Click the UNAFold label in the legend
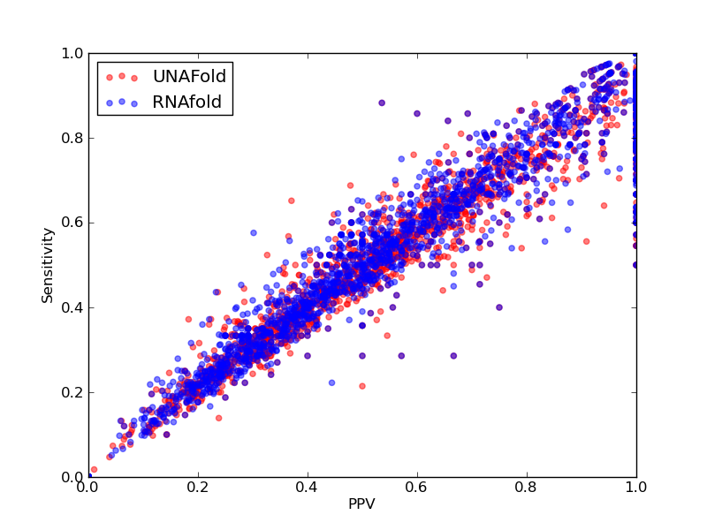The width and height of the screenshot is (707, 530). [x=189, y=76]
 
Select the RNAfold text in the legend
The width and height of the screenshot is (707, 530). [x=187, y=102]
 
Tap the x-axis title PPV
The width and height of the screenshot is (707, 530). [x=361, y=503]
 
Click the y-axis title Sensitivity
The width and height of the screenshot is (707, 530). [x=48, y=266]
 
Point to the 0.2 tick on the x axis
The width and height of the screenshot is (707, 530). [x=198, y=487]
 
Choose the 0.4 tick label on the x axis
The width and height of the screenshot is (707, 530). [x=308, y=487]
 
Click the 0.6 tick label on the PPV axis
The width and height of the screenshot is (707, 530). [x=417, y=487]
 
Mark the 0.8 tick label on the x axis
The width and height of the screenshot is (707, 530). [x=527, y=487]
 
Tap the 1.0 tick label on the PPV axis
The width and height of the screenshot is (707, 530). [x=636, y=487]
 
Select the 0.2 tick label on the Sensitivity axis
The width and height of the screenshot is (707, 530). [x=72, y=392]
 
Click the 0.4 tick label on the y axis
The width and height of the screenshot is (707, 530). [x=72, y=307]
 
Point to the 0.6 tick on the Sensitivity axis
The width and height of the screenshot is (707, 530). [x=72, y=223]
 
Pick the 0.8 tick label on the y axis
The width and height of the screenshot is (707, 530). [x=72, y=138]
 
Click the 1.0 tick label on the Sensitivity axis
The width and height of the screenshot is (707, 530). [x=72, y=53]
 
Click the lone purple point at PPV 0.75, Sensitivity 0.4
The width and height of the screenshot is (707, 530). [x=499, y=307]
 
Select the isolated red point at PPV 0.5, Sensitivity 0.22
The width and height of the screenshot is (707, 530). [x=362, y=386]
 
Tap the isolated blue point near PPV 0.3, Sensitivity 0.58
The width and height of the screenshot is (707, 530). [x=254, y=233]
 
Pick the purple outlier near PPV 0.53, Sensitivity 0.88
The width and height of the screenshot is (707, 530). [x=382, y=102]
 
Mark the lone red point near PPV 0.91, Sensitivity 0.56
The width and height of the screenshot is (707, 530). [x=587, y=241]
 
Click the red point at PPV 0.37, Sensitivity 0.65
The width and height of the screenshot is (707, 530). [x=292, y=201]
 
